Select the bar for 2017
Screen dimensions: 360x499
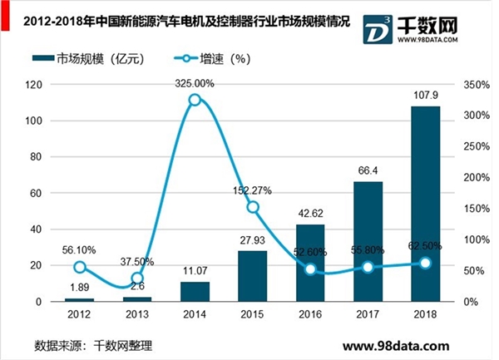(x=368, y=241)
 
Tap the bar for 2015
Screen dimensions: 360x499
(x=254, y=275)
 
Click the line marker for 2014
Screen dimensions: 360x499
(x=195, y=100)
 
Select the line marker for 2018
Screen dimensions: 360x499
(x=425, y=263)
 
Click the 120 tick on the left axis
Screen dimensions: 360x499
(x=57, y=85)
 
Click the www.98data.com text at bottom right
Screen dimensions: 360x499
(x=396, y=346)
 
